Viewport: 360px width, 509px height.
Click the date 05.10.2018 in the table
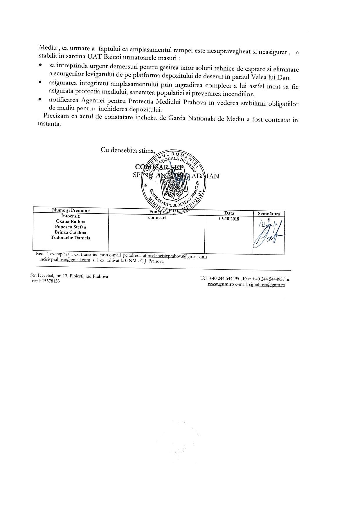pyautogui.click(x=229, y=219)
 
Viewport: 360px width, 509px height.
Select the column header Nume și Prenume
pyautogui.click(x=71, y=210)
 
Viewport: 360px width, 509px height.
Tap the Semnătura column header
pyautogui.click(x=269, y=214)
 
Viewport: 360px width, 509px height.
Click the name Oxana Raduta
pyautogui.click(x=71, y=221)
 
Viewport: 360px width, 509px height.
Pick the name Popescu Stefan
pyautogui.click(x=71, y=227)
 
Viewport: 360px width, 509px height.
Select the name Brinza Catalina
pyautogui.click(x=71, y=232)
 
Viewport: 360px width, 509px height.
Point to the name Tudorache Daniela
pyautogui.click(x=71, y=238)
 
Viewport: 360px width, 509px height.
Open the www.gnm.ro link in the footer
pyautogui.click(x=221, y=285)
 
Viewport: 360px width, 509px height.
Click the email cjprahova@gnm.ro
pyautogui.click(x=267, y=285)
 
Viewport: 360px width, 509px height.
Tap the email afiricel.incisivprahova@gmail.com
pyautogui.click(x=175, y=256)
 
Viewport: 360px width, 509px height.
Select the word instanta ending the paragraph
pyautogui.click(x=49, y=124)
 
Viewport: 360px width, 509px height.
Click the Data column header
pyautogui.click(x=229, y=213)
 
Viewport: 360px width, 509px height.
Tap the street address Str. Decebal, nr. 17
pyautogui.click(x=48, y=276)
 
